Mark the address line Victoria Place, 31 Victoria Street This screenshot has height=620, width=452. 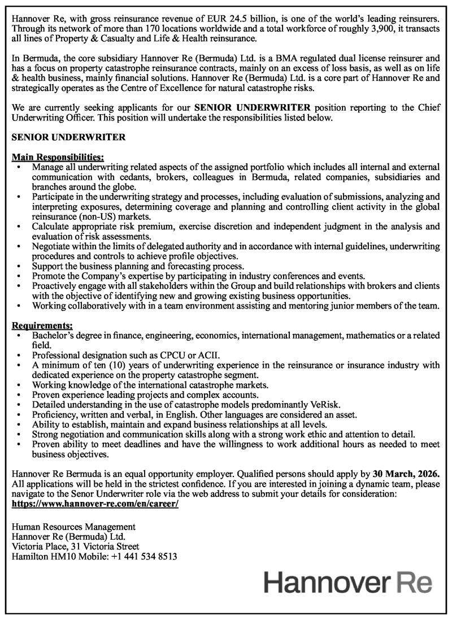tap(75, 547)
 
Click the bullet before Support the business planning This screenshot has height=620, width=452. tap(21, 266)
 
